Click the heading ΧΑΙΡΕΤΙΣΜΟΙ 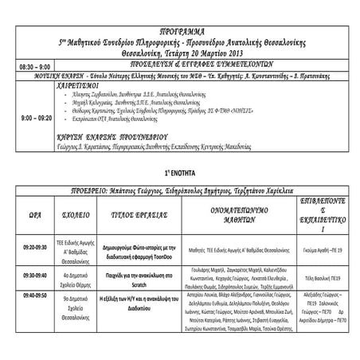point(82,82)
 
